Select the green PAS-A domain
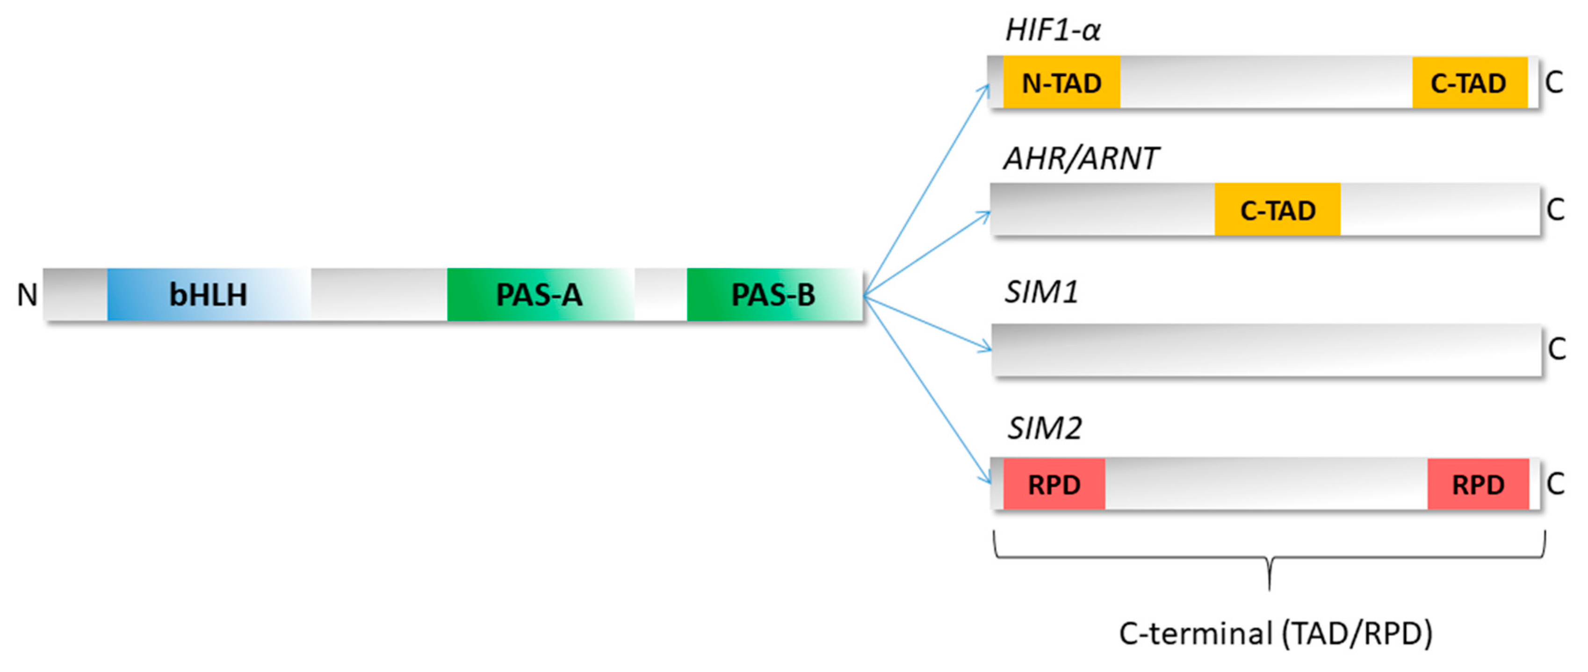(x=540, y=294)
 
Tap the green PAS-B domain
(x=773, y=294)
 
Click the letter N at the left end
(x=27, y=295)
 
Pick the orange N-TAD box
(x=1061, y=83)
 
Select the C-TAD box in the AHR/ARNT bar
(x=1278, y=210)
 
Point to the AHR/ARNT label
(x=1081, y=159)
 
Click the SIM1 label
(x=1041, y=292)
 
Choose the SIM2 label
(x=1044, y=428)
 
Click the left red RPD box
(x=1054, y=484)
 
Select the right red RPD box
(x=1478, y=484)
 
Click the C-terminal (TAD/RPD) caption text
(x=1275, y=633)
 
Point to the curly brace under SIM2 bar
(x=1269, y=558)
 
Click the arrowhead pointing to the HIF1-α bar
(x=986, y=90)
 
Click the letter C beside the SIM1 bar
(x=1557, y=350)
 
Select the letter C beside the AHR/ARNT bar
(x=1556, y=210)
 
